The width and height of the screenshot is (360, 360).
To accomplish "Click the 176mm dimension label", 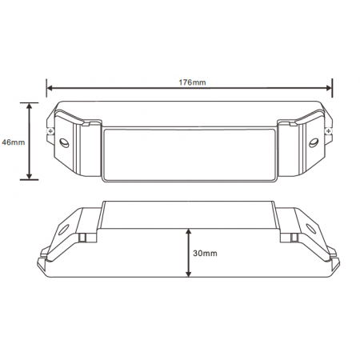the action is click(x=192, y=82).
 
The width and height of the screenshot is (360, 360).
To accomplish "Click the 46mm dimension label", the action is click(x=14, y=142).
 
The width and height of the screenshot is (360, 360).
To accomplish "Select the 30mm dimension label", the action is click(x=205, y=253).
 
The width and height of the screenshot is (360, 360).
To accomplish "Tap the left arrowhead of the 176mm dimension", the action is click(x=50, y=88).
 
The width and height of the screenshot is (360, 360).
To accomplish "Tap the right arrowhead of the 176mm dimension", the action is click(x=329, y=88).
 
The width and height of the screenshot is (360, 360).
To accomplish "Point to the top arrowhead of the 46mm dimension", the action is click(x=30, y=106).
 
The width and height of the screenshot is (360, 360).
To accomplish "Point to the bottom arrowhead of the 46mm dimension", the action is click(x=30, y=176).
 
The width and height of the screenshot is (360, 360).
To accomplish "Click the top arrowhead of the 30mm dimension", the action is click(x=189, y=232).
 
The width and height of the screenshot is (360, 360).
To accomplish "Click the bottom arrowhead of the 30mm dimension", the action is click(x=189, y=274).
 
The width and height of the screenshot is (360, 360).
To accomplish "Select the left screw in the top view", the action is click(x=50, y=130).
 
